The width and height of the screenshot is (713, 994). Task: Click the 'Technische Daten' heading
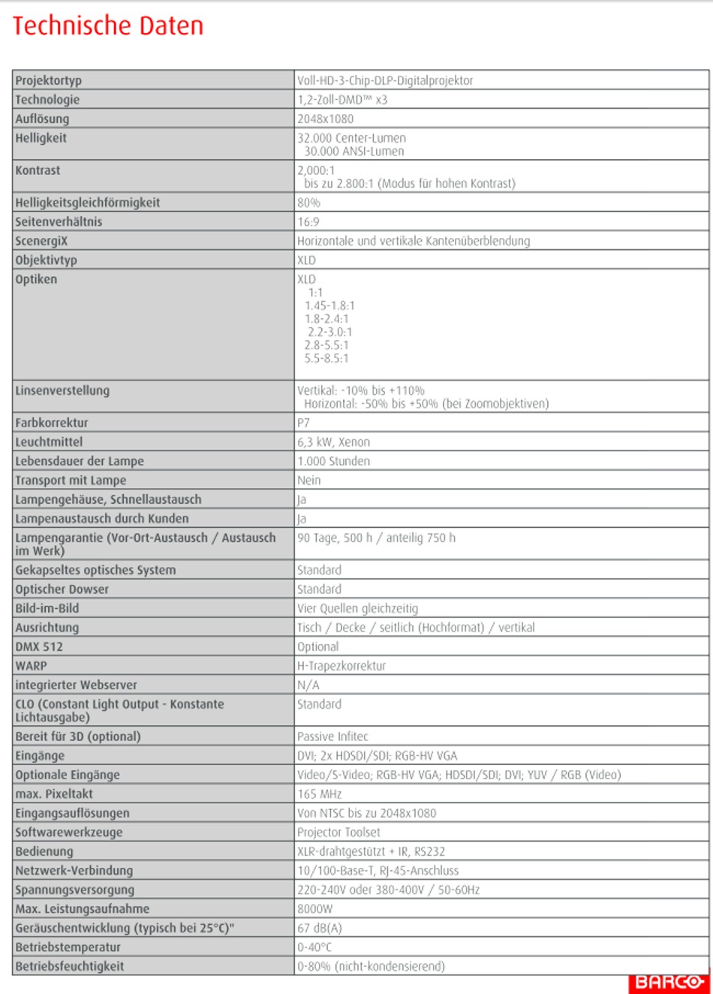click(x=108, y=26)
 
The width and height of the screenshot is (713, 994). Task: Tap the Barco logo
click(x=669, y=982)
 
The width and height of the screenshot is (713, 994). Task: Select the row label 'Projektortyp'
click(x=49, y=80)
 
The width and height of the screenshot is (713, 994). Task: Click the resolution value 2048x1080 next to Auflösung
click(x=325, y=119)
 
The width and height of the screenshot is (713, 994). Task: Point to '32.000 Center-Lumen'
click(x=351, y=138)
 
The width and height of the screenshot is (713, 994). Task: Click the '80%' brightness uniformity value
click(x=308, y=203)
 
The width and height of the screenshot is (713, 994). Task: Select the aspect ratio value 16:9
click(x=308, y=221)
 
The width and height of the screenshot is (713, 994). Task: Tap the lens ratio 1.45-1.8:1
click(x=329, y=306)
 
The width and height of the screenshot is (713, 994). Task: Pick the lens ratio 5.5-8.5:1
click(x=326, y=358)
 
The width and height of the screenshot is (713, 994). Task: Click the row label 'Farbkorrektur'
click(x=52, y=423)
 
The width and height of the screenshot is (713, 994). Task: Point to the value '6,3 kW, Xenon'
click(x=333, y=442)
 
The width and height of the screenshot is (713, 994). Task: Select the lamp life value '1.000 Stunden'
click(x=333, y=461)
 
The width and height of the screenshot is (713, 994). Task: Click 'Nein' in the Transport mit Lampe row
click(x=308, y=480)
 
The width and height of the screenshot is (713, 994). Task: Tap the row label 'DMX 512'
click(x=39, y=646)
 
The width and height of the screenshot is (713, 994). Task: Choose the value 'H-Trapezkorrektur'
click(x=341, y=666)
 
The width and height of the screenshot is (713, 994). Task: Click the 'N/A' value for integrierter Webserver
click(x=308, y=685)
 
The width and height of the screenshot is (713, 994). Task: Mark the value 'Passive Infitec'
click(x=332, y=736)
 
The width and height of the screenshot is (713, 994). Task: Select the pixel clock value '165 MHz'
click(x=319, y=794)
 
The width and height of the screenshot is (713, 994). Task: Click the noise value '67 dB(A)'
click(x=319, y=928)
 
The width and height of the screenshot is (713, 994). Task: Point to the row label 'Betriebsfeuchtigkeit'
click(x=70, y=966)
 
